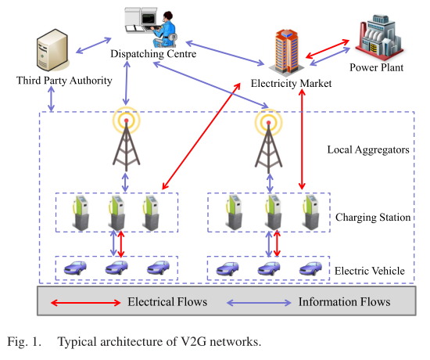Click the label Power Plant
click(x=376, y=68)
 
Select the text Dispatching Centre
click(x=153, y=56)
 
